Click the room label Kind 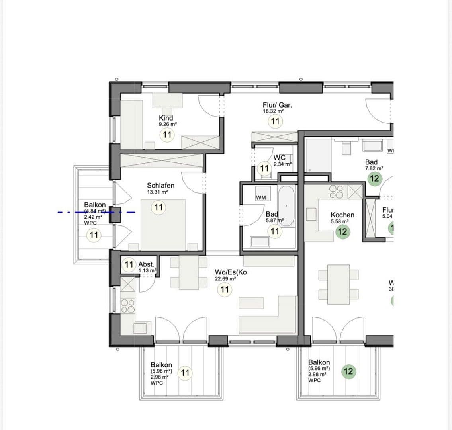[x=166, y=118]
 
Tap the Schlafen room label [x=160, y=185]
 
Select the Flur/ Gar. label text [x=277, y=105]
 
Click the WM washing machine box [x=261, y=197]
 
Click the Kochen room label [x=342, y=215]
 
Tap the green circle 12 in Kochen [x=342, y=232]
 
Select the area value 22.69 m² [x=225, y=279]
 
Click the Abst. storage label [x=146, y=264]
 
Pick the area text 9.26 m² [x=168, y=124]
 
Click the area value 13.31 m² [x=157, y=192]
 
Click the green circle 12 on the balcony [x=348, y=371]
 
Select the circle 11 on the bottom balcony [x=185, y=373]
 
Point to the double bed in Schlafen [x=163, y=223]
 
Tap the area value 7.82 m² [x=374, y=168]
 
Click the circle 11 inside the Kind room [x=167, y=135]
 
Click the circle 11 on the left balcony [x=94, y=235]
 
